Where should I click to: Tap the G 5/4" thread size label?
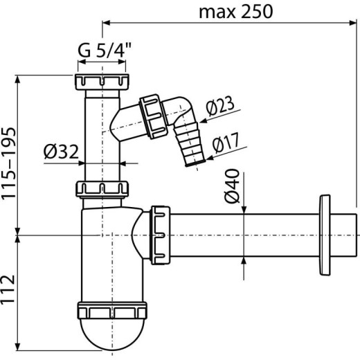coord(102,51)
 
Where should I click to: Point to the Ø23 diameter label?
coord(220,108)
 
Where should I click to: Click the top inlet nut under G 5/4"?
coord(102,80)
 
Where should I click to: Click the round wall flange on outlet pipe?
coord(321,235)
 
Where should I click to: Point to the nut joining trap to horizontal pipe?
coord(160,235)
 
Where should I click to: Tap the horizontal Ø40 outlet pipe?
coord(242,235)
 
